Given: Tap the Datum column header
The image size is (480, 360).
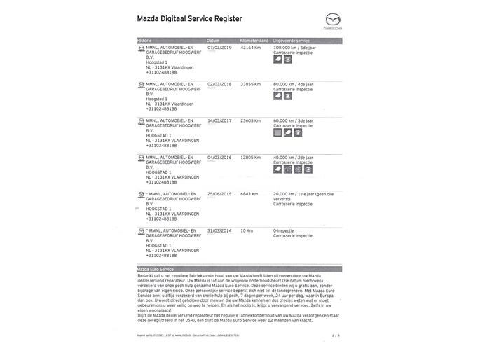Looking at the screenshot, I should coord(214,41).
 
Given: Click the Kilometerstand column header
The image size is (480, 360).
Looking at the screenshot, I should coord(254,41).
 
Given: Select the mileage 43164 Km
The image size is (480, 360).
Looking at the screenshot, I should coord(251,48).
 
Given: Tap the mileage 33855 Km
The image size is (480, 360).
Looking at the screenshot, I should coord(251,84).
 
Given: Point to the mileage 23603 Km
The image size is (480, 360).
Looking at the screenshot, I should coord(251,120).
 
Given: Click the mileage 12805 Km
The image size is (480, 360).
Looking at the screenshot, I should coord(251,158).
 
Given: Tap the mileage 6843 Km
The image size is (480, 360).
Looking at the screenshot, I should coord(249,193).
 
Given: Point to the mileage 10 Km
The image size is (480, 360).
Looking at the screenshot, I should coord(246,230).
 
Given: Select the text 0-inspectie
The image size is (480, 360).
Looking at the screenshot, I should coord(286,230).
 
